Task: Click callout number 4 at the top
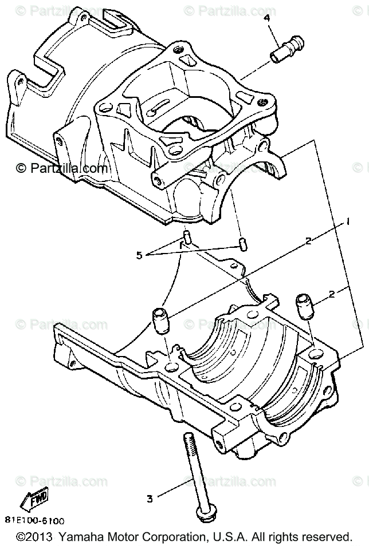tap(266, 18)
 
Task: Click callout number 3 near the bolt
tap(150, 498)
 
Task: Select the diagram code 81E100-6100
tap(36, 521)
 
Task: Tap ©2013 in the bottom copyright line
tap(35, 537)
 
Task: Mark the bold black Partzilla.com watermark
tap(61, 168)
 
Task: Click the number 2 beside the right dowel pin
tap(332, 295)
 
